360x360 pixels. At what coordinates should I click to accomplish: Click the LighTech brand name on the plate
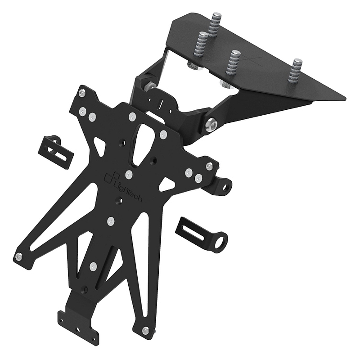128,190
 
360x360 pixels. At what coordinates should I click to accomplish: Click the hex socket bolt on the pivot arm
211,125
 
